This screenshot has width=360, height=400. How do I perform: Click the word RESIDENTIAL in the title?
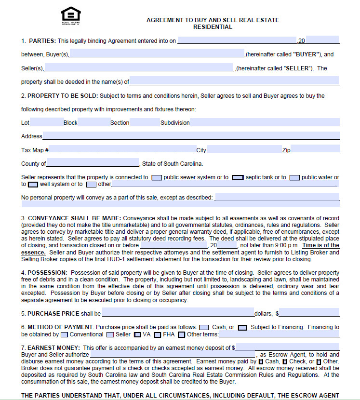click(213, 27)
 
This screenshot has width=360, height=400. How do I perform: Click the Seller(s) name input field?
click(139, 68)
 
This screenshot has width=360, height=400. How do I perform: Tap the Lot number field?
click(46, 122)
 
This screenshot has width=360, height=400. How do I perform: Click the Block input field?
click(93, 122)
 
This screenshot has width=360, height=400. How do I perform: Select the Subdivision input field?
click(265, 122)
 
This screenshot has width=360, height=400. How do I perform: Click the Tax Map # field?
click(122, 150)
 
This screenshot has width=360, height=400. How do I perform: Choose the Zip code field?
click(315, 150)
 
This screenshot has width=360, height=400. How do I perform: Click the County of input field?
click(93, 163)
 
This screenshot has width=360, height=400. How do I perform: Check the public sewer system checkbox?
click(157, 177)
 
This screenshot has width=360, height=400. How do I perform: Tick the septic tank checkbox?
click(238, 177)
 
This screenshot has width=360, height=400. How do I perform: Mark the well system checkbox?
click(33, 184)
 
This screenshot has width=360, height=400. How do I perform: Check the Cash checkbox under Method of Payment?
click(204, 327)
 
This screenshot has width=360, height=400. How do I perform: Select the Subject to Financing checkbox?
click(242, 327)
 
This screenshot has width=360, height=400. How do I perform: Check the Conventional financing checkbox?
click(65, 334)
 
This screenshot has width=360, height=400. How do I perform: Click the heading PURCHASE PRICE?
click(53, 314)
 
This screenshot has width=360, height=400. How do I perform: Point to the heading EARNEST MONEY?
click(54, 347)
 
